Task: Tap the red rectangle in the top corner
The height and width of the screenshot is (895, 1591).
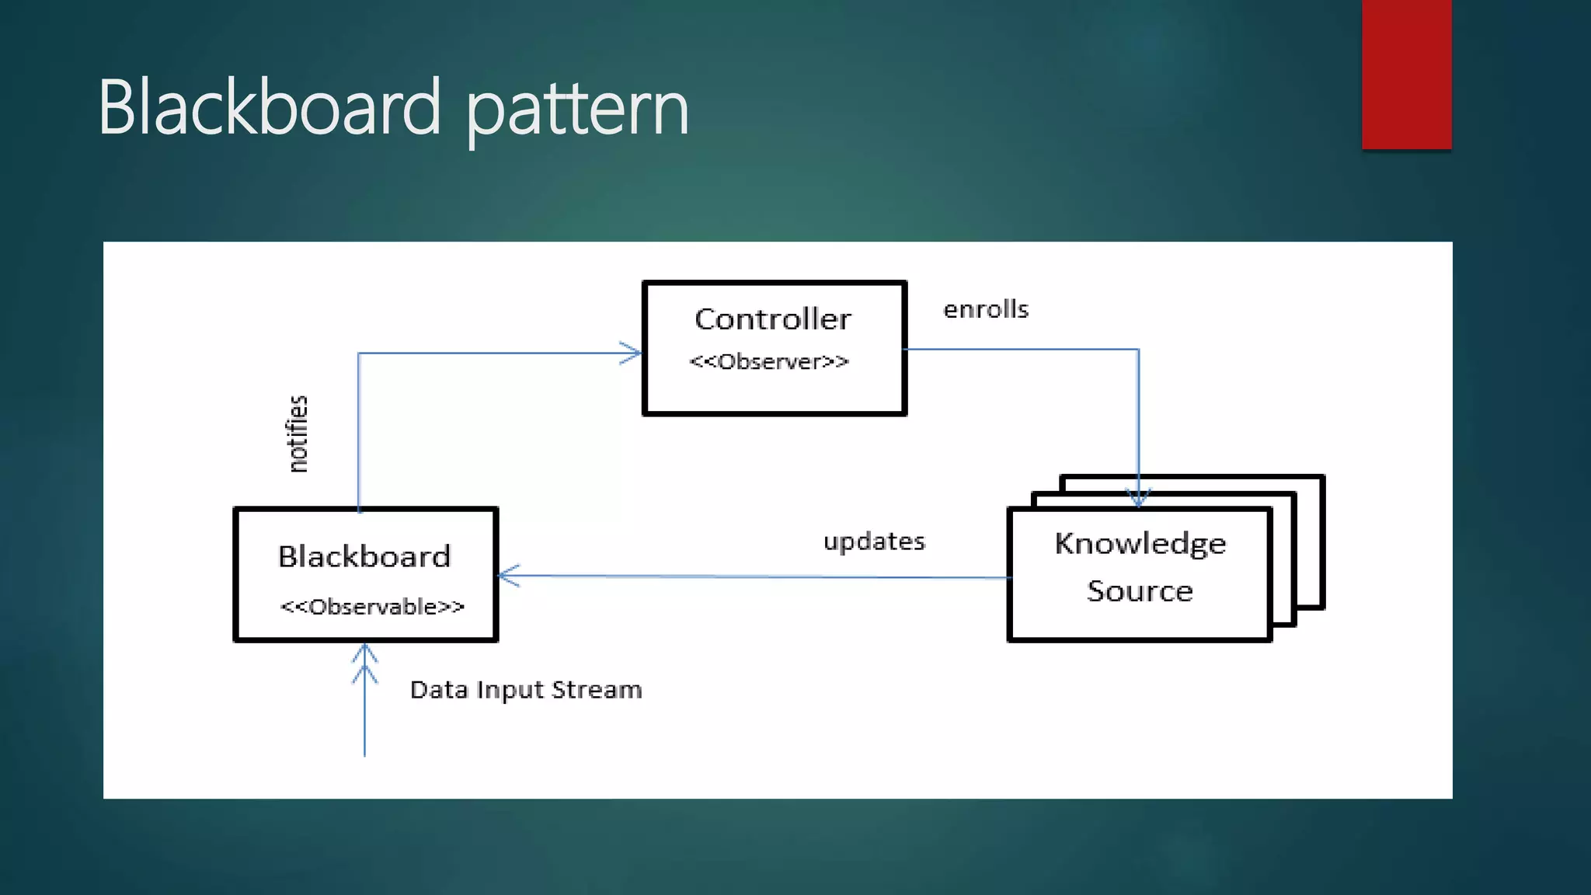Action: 1406,74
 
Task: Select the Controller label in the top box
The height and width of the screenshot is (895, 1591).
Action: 773,319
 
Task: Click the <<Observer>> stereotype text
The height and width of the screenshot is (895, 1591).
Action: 769,362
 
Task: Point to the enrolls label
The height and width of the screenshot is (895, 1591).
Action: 986,310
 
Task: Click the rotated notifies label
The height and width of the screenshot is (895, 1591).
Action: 298,434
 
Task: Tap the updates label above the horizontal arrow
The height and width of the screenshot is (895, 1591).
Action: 874,542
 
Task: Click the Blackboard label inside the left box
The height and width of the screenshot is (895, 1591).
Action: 364,557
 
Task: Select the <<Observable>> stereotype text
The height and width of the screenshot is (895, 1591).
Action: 372,607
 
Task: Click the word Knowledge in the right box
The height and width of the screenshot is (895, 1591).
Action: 1140,544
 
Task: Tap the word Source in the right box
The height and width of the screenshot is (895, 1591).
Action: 1140,591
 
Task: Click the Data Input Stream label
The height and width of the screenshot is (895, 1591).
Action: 526,690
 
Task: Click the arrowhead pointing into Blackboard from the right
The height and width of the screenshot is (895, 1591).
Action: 507,576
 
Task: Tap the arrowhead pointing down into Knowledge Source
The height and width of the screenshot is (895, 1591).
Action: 1139,497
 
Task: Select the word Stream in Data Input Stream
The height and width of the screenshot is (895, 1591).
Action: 597,690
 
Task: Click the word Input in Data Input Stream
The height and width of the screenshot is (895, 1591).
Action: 510,690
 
